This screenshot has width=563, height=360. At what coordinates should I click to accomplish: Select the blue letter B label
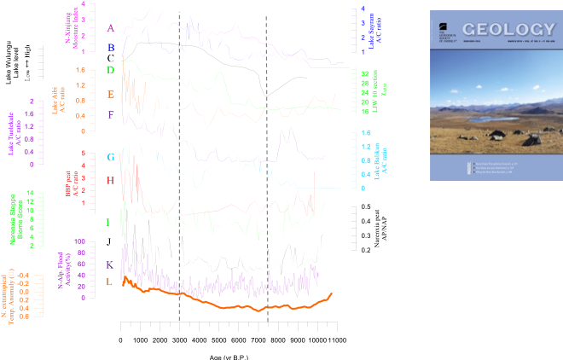click(x=110, y=49)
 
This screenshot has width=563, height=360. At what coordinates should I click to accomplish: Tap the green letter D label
click(x=110, y=70)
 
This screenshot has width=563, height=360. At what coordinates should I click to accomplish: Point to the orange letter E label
click(x=110, y=94)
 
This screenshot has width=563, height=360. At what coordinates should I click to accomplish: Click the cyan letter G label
click(x=110, y=158)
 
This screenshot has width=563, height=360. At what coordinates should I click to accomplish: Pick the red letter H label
click(x=110, y=181)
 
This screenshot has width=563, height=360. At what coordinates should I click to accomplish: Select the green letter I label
click(x=108, y=223)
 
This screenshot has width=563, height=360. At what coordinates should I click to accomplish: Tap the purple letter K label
click(x=109, y=265)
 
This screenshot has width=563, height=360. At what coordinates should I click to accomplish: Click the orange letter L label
click(x=108, y=282)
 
